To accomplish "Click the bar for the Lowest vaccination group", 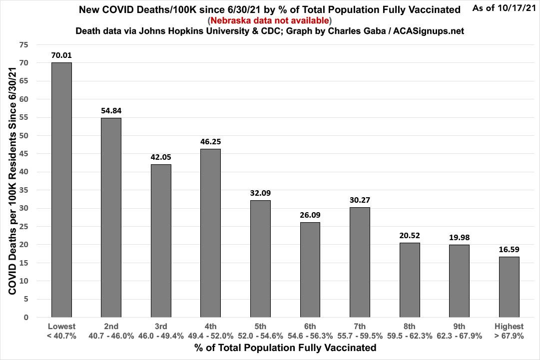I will click(61, 190).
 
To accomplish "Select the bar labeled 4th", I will click(211, 233).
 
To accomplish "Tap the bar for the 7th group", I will click(360, 262).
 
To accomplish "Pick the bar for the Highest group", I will click(510, 287).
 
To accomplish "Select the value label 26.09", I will click(310, 215).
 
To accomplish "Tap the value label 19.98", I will click(460, 237).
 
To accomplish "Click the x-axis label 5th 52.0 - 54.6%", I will click(260, 331).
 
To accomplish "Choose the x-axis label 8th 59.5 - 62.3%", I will click(410, 331).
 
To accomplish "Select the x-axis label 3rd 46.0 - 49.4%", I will click(161, 331).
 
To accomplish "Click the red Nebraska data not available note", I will click(270, 20).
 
